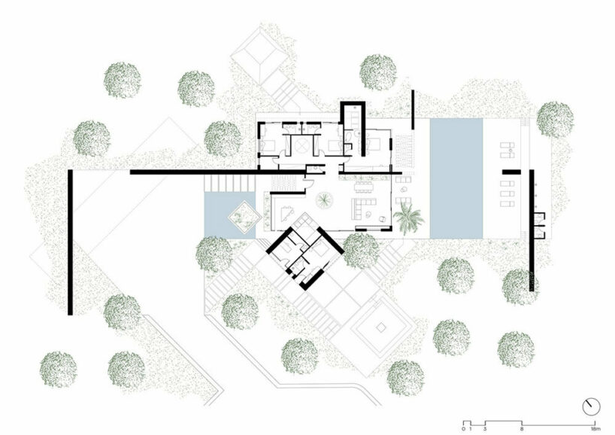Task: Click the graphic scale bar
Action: tap(527, 419)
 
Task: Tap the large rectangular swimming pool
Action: tap(456, 178)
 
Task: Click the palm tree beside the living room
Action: tap(410, 219)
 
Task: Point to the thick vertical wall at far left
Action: tap(70, 240)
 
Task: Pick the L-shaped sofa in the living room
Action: tap(366, 210)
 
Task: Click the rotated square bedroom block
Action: tap(306, 254)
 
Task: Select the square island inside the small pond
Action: tap(242, 217)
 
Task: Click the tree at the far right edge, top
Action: tap(555, 119)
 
